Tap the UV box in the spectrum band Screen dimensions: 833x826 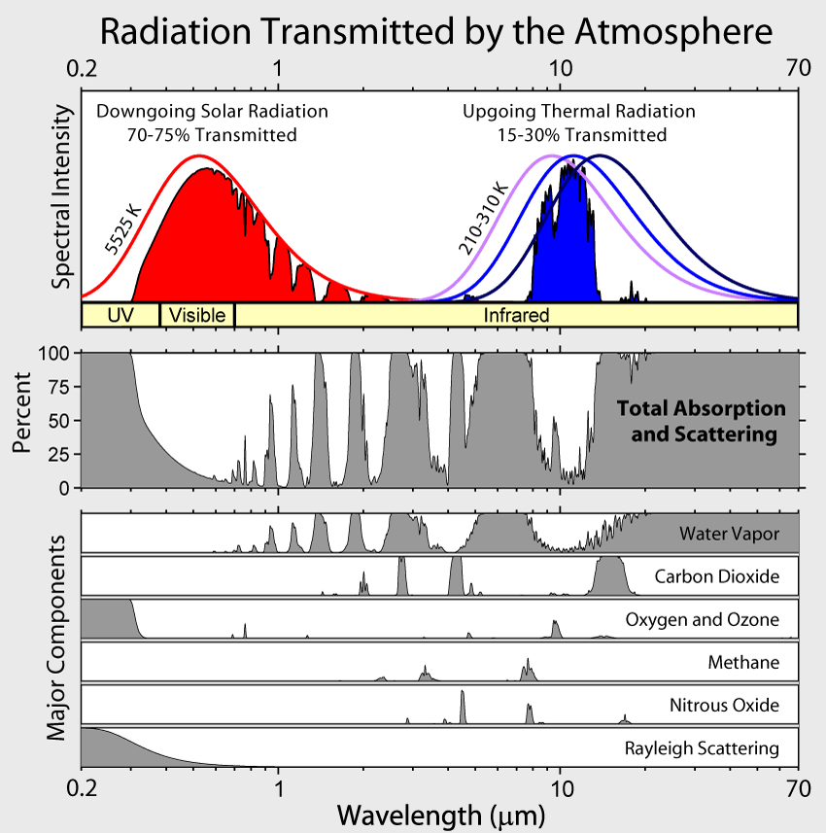120,315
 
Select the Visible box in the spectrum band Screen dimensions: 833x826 197,315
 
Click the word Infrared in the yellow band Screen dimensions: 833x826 517,315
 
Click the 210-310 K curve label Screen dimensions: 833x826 483,220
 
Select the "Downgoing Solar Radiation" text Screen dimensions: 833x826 212,112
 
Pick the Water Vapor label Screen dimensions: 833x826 729,533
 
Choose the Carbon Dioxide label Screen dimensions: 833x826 717,576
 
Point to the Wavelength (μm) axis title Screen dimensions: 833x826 434,812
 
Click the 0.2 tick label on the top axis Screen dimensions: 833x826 84,68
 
